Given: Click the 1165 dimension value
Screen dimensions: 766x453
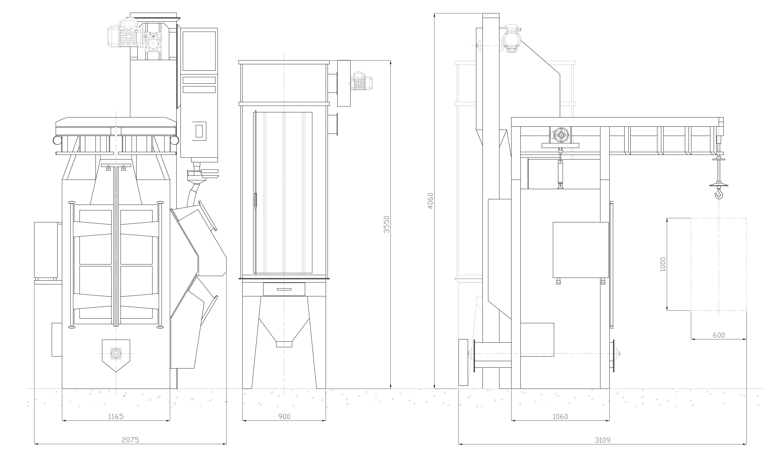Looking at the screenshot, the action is [x=116, y=416].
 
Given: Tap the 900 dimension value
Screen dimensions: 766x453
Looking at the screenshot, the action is [x=284, y=416].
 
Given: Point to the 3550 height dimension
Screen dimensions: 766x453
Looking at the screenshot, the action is [x=387, y=225].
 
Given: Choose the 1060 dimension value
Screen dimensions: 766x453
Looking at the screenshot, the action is [x=560, y=416].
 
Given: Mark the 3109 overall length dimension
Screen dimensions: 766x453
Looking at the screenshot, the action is [x=603, y=440].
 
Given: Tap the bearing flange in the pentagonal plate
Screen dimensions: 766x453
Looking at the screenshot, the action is [x=116, y=353].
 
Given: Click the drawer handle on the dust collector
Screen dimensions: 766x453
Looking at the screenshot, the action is [x=284, y=289].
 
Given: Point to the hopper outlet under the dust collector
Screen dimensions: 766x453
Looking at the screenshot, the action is [x=284, y=344].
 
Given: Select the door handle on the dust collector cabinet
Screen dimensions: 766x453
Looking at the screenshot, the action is [x=256, y=201].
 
